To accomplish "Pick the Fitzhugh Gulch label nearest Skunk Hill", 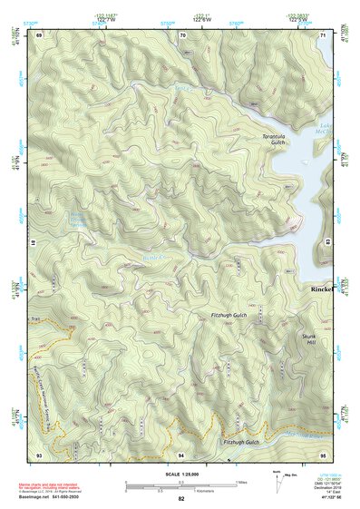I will [x=229, y=315].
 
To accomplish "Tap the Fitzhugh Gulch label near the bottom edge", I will [x=241, y=443].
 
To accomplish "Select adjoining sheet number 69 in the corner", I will [x=39, y=35].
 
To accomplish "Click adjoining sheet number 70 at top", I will [x=182, y=35].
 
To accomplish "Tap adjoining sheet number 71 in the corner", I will [x=323, y=35].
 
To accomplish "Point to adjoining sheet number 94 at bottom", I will [x=181, y=453].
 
